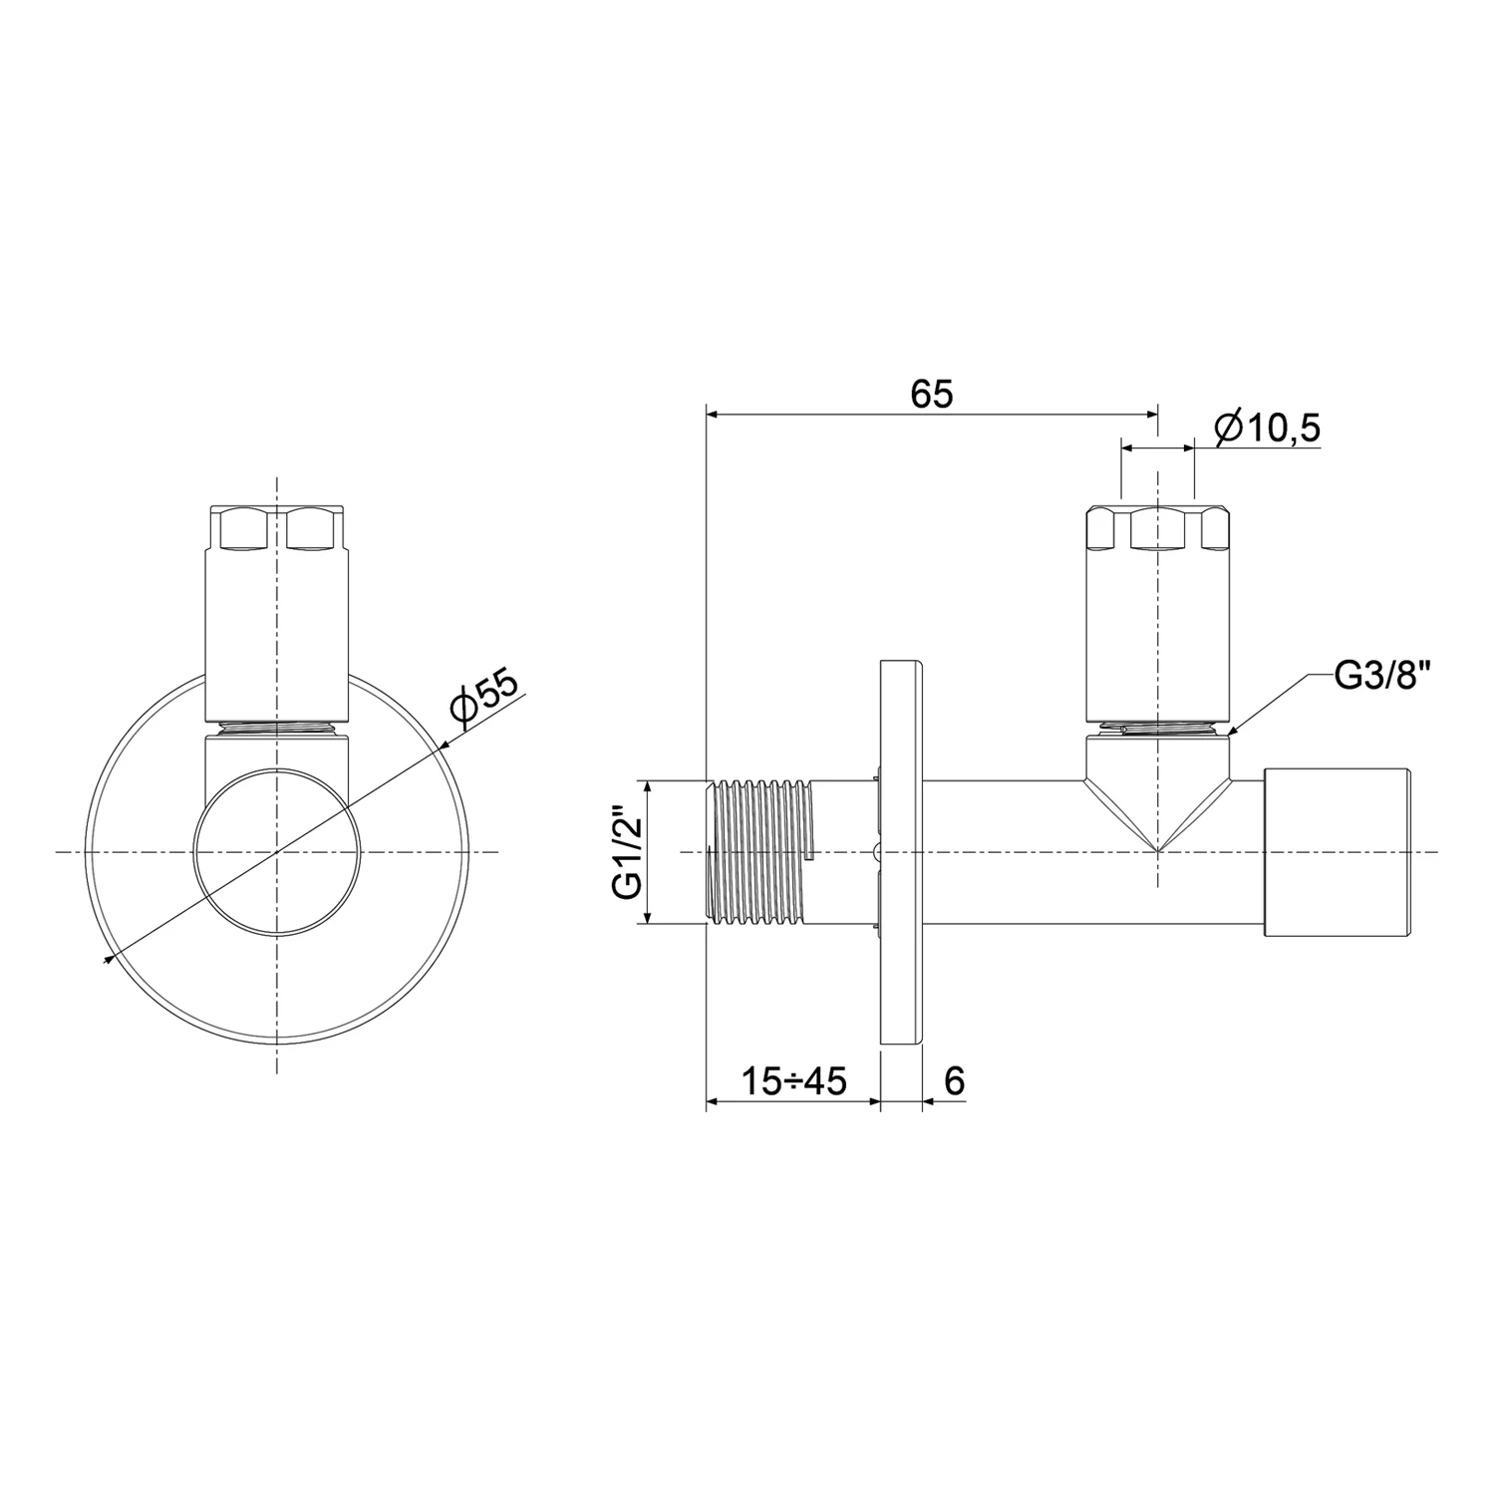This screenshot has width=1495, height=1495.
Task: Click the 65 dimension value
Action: [932, 395]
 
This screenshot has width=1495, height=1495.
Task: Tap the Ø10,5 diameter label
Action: [1268, 429]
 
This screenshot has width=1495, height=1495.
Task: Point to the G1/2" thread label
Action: [625, 852]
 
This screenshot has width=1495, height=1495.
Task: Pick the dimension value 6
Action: [954, 1080]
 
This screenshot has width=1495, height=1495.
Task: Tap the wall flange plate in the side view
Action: [901, 852]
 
